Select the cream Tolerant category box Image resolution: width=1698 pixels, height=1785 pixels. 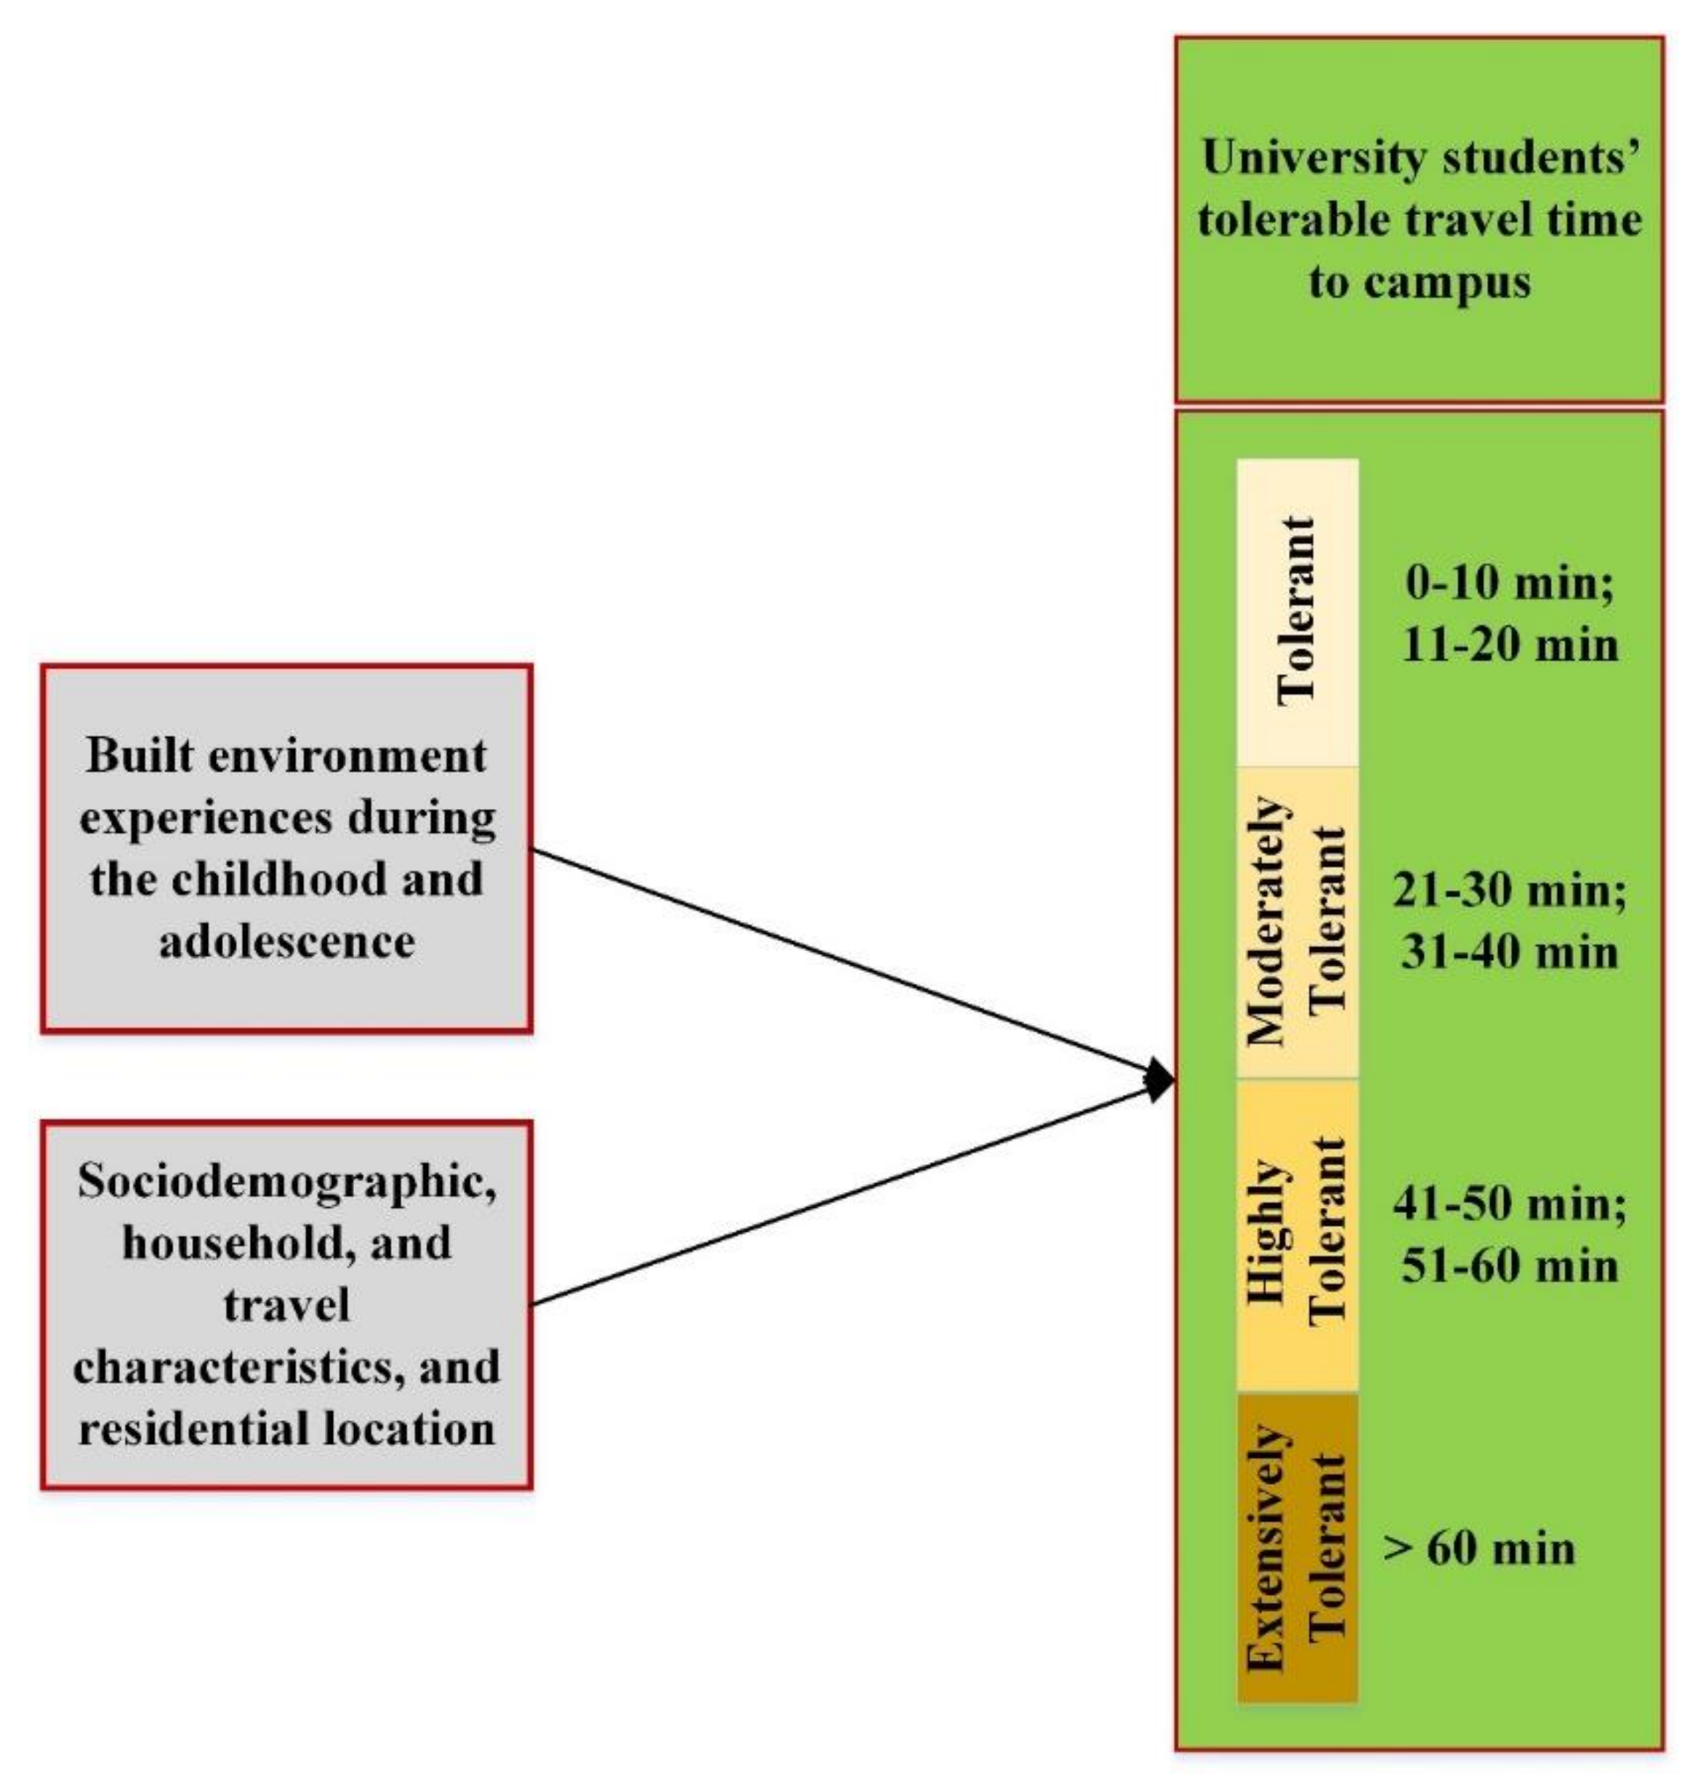(x=1297, y=613)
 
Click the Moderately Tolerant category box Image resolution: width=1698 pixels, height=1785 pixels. (x=1297, y=922)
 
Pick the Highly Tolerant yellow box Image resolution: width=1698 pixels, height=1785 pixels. (x=1297, y=1233)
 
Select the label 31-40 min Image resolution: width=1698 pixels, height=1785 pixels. (x=1510, y=952)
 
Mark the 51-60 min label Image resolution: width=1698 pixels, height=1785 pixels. (x=1510, y=1265)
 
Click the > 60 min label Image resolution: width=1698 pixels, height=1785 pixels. (x=1480, y=1548)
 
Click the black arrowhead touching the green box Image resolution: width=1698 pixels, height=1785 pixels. (x=1159, y=1079)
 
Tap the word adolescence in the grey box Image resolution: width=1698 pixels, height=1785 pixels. (x=287, y=941)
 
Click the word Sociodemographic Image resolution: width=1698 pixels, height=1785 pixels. (x=287, y=1181)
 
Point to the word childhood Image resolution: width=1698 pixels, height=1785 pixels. (x=281, y=879)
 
